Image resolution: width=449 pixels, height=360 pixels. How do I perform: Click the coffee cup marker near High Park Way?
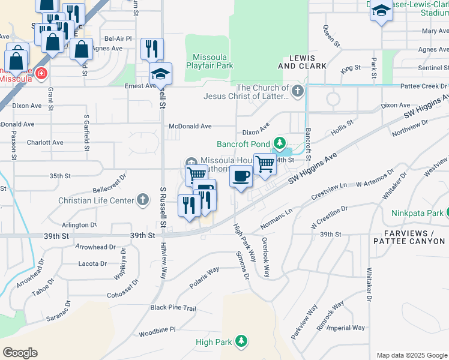(x=241, y=176)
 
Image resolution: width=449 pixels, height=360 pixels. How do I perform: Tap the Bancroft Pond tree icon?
(x=279, y=143)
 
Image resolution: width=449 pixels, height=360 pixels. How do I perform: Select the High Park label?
(x=214, y=342)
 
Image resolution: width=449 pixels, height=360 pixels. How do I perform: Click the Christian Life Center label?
(x=96, y=200)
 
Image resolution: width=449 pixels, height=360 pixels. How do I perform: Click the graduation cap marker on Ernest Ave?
(x=160, y=74)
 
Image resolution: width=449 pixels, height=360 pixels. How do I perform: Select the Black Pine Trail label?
(x=173, y=308)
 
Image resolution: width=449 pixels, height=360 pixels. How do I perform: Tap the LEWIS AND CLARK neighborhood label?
(x=304, y=62)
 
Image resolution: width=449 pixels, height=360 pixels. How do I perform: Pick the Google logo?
(x=20, y=352)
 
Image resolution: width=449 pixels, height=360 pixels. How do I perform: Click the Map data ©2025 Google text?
(x=411, y=355)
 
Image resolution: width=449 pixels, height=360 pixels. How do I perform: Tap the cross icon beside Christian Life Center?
(x=143, y=200)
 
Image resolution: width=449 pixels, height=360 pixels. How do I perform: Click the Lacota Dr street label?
(x=92, y=263)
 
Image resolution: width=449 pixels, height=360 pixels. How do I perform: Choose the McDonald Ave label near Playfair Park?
(x=190, y=127)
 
